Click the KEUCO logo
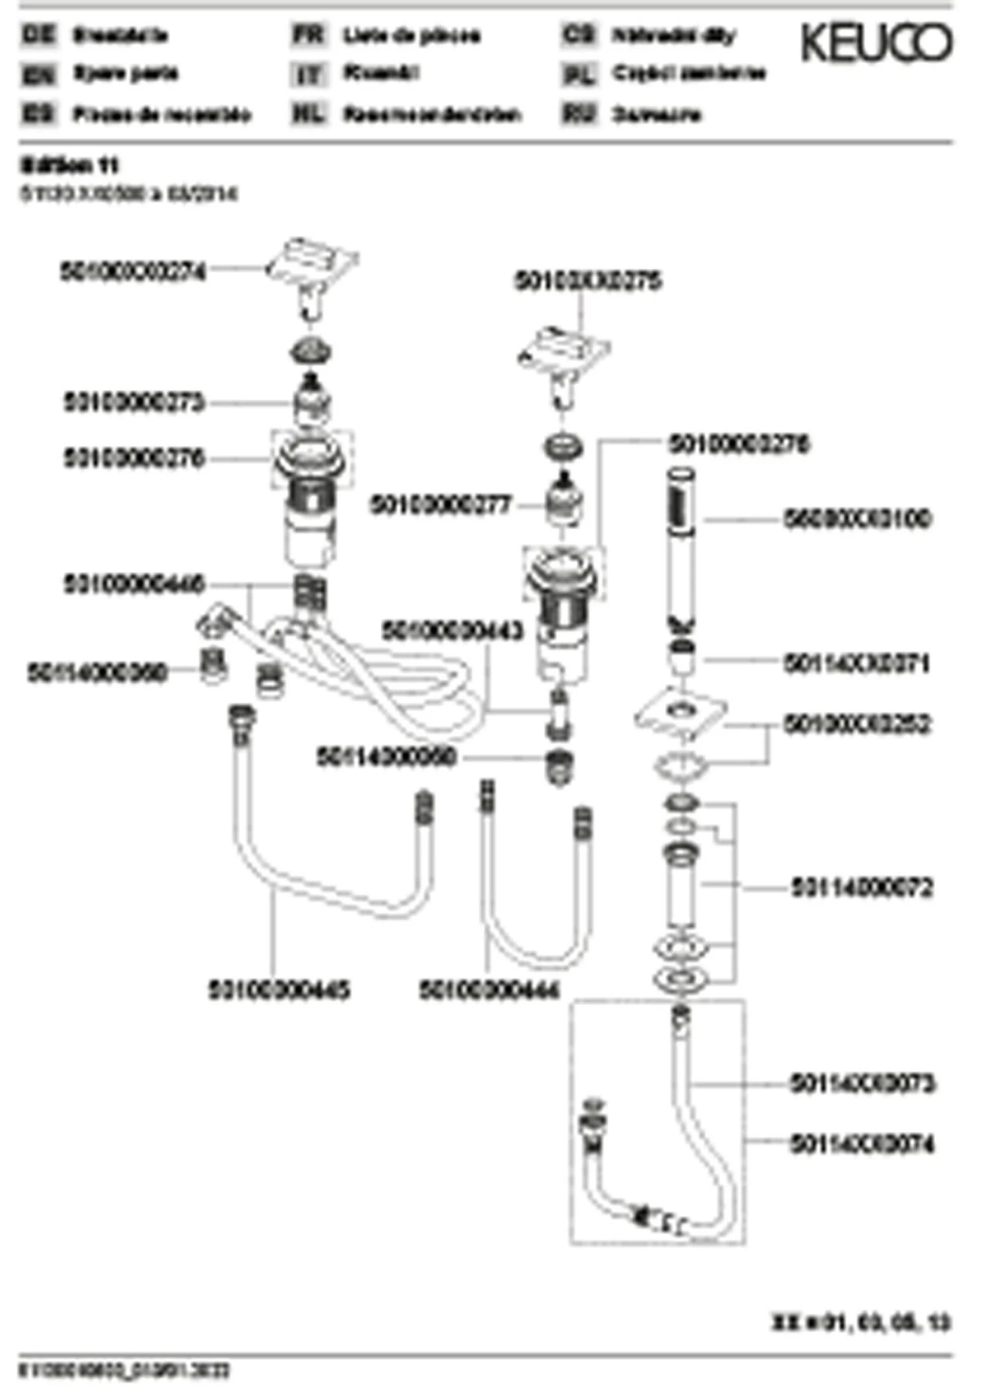pyautogui.click(x=876, y=43)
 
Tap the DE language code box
pyautogui.click(x=39, y=34)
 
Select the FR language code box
pyautogui.click(x=309, y=34)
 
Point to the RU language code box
pyautogui.click(x=578, y=114)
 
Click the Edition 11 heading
pyautogui.click(x=69, y=165)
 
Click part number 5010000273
pyautogui.click(x=134, y=402)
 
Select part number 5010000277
pyautogui.click(x=440, y=506)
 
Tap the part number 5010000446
pyautogui.click(x=134, y=584)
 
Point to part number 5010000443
pyautogui.click(x=452, y=631)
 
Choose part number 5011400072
pyautogui.click(x=862, y=887)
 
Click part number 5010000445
pyautogui.click(x=279, y=990)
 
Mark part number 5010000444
pyautogui.click(x=489, y=990)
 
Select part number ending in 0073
pyautogui.click(x=862, y=1083)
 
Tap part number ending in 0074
pyautogui.click(x=862, y=1144)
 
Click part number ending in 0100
pyautogui.click(x=857, y=519)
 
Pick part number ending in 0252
pyautogui.click(x=857, y=724)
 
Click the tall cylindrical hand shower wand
pyautogui.click(x=682, y=541)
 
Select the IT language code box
pyautogui.click(x=309, y=74)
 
